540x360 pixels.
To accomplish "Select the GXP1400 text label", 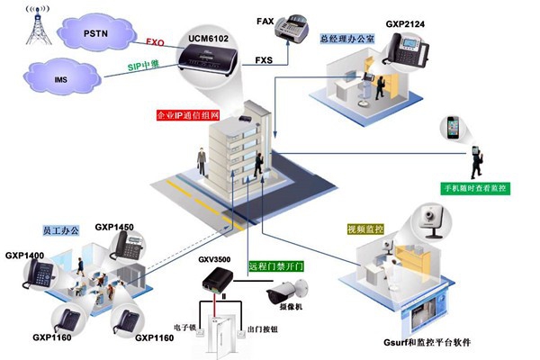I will point(24,256).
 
